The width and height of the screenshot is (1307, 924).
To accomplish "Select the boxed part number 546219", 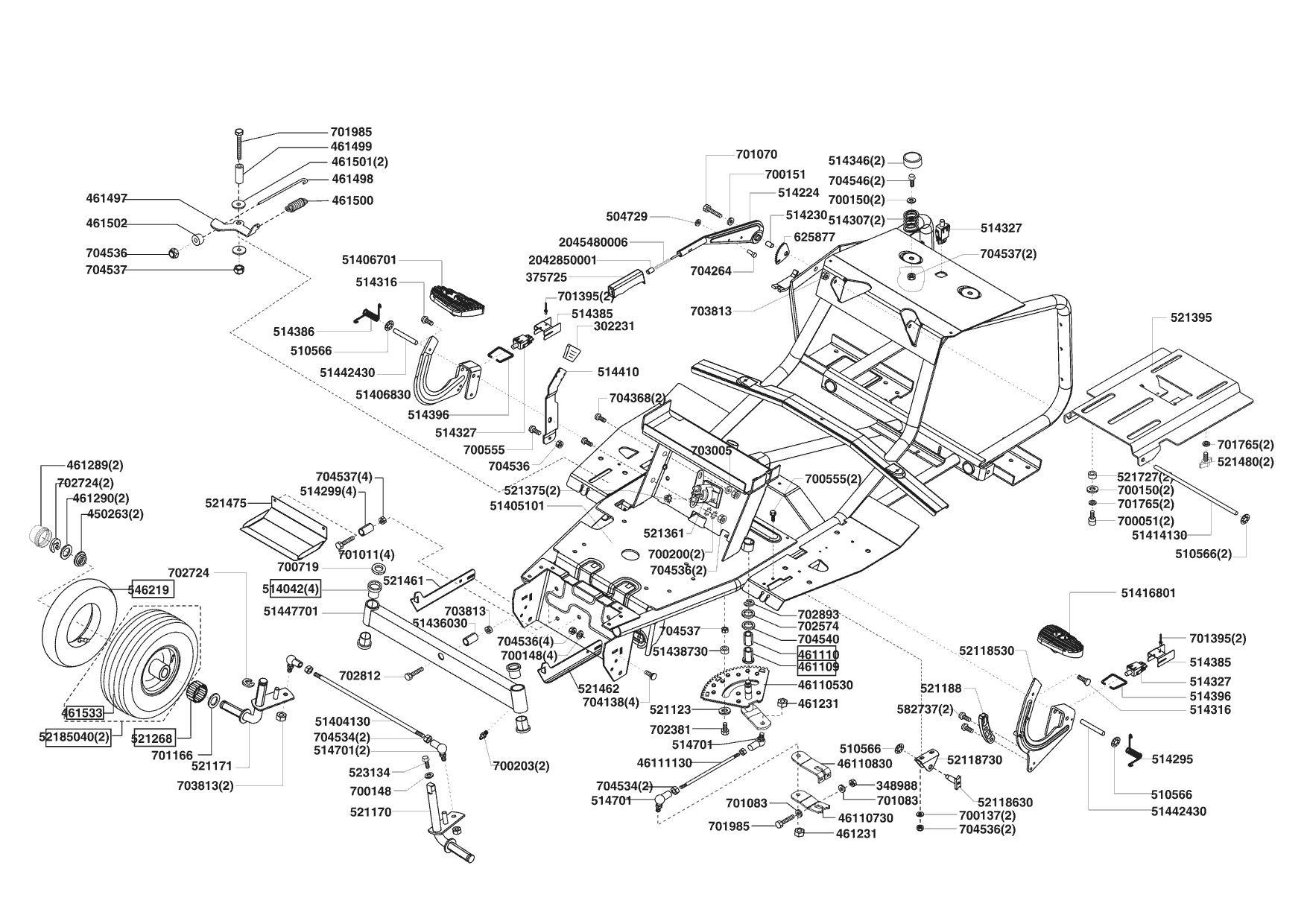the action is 152,589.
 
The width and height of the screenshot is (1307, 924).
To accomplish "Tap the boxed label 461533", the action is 82,712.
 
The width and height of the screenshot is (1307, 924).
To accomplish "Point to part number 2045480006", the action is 593,242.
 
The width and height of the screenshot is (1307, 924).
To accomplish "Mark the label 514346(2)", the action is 857,161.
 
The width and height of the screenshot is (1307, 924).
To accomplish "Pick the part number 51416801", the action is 1148,593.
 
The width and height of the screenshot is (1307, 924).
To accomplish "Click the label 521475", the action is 226,504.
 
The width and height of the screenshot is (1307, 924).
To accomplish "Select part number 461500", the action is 352,200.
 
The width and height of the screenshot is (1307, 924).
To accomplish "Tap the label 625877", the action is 814,237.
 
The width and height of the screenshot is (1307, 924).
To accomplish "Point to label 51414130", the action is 1159,535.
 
